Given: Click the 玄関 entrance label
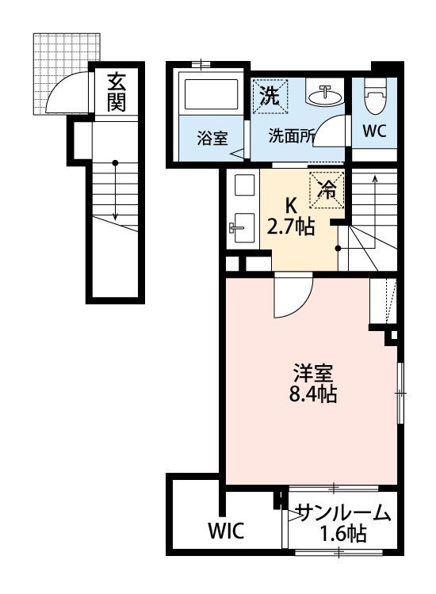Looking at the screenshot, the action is [116, 92].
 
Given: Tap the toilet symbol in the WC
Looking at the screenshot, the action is [374, 97].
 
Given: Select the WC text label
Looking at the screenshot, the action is [374, 131].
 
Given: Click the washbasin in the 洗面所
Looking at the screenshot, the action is [325, 95].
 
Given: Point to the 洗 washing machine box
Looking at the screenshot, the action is [270, 96].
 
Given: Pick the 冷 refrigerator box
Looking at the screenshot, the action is [327, 190].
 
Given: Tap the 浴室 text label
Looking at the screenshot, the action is [212, 138].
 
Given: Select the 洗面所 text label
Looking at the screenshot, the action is [291, 136].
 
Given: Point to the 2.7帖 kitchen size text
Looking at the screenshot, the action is [290, 227].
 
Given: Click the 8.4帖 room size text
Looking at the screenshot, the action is [313, 394].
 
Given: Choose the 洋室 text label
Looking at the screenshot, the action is [313, 374].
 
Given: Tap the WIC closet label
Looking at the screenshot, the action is [227, 531].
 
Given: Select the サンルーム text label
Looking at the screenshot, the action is [344, 514].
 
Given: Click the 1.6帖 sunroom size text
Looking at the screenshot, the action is [343, 534].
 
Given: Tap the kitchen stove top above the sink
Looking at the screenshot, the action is [242, 184].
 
